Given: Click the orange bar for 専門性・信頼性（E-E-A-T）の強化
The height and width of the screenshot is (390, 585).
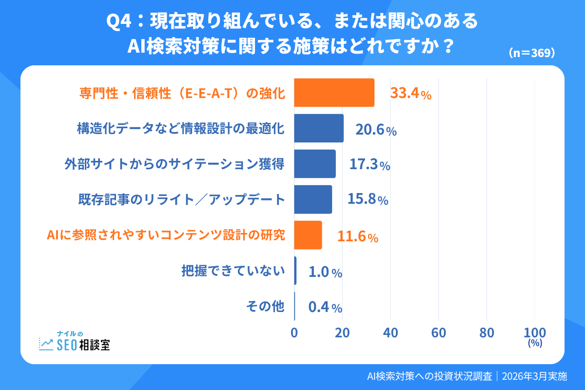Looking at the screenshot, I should [334, 93].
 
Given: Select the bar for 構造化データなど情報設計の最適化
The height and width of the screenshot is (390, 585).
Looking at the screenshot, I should [319, 128].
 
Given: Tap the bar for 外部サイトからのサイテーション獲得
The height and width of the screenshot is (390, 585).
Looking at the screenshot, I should [315, 164].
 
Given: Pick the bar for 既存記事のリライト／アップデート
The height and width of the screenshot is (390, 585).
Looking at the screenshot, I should [313, 199].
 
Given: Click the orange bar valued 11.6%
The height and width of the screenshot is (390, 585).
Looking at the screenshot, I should [308, 235].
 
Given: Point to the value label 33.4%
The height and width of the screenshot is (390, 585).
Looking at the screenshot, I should [410, 94].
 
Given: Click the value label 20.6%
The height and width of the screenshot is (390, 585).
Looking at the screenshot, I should [375, 130].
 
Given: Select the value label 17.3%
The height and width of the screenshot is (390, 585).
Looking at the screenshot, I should [370, 165].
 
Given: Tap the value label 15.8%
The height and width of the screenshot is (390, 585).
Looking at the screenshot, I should [368, 200].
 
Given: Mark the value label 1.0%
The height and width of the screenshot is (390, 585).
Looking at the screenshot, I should [325, 272].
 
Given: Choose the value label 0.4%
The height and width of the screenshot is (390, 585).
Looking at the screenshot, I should [325, 308].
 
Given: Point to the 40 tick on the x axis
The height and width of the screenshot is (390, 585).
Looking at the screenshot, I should [390, 332].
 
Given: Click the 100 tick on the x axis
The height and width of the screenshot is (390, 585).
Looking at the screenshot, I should [535, 332].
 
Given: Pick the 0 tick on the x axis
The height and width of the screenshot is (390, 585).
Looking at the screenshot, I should [294, 332].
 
